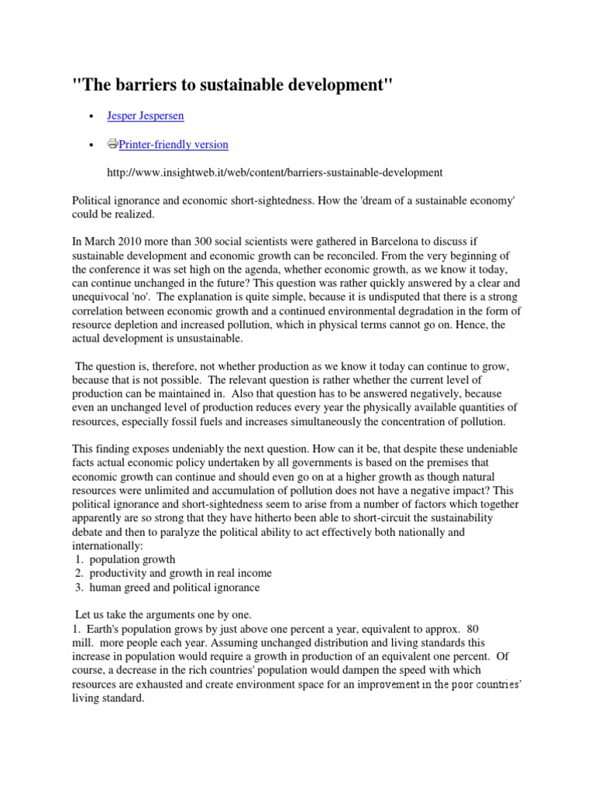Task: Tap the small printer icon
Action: pos(112,144)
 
